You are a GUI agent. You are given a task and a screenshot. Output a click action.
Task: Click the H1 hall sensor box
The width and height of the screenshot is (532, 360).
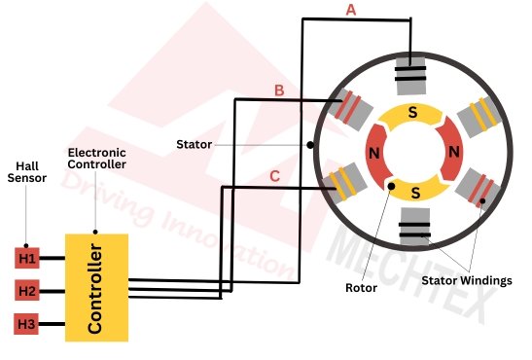point(26,258)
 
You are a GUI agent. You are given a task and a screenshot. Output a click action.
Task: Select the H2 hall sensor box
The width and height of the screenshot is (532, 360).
point(26,290)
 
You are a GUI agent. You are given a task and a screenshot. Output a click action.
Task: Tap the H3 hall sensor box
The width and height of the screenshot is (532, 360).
point(26,323)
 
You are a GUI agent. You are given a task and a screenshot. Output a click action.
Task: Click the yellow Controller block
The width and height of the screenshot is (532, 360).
point(96,287)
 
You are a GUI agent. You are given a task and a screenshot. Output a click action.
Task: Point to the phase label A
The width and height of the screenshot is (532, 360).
point(351,10)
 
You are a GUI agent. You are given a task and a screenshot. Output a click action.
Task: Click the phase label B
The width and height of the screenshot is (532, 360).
point(278,90)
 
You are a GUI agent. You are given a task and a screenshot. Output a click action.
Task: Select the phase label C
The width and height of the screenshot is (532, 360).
point(275,176)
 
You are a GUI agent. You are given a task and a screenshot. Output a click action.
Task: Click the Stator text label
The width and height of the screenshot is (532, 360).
point(194,145)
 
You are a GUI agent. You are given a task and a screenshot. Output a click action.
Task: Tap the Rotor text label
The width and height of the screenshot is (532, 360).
point(362,288)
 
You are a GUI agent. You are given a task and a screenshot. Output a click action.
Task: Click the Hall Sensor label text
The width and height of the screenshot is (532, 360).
point(26,171)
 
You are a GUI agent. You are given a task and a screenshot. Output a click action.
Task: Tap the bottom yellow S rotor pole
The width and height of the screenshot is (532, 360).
point(415,191)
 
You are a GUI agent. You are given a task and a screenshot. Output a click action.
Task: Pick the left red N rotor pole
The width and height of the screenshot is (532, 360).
point(372,154)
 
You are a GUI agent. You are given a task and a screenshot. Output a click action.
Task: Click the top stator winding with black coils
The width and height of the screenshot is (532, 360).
point(413,73)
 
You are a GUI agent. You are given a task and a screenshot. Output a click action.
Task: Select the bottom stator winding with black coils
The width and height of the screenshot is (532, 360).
point(415,232)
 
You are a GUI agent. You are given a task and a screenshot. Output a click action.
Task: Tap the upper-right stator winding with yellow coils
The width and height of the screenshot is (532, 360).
point(479,115)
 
